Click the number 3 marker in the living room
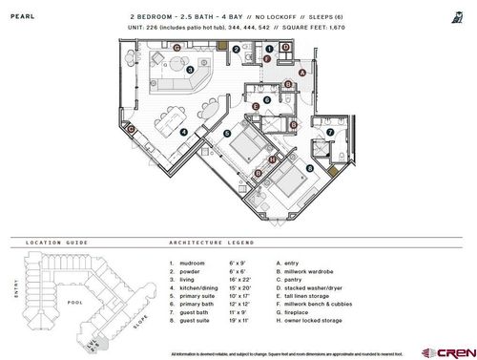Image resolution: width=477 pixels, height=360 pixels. pos(190,70)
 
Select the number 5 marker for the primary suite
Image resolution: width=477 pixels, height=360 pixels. pos(227,135)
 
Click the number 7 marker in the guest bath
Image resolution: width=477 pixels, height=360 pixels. pos(330,132)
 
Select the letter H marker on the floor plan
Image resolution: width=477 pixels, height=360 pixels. pos(272,159)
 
